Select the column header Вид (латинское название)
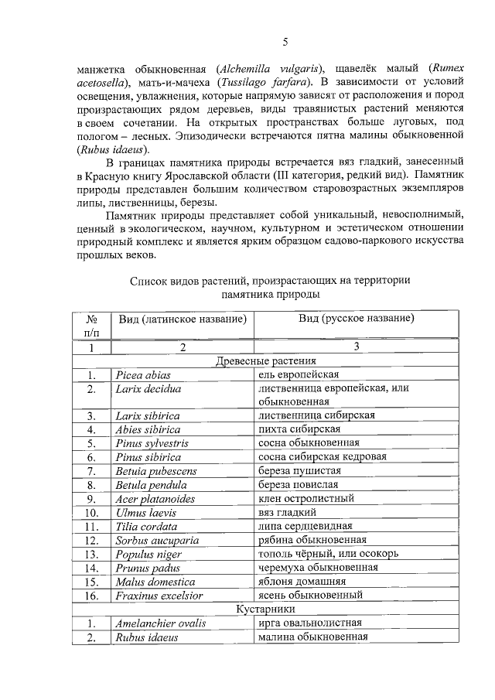point(183,319)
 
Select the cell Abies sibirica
point(148,429)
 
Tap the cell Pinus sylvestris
point(152,443)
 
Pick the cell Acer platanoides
point(153,498)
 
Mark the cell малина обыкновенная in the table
point(312,637)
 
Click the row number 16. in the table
point(91,596)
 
